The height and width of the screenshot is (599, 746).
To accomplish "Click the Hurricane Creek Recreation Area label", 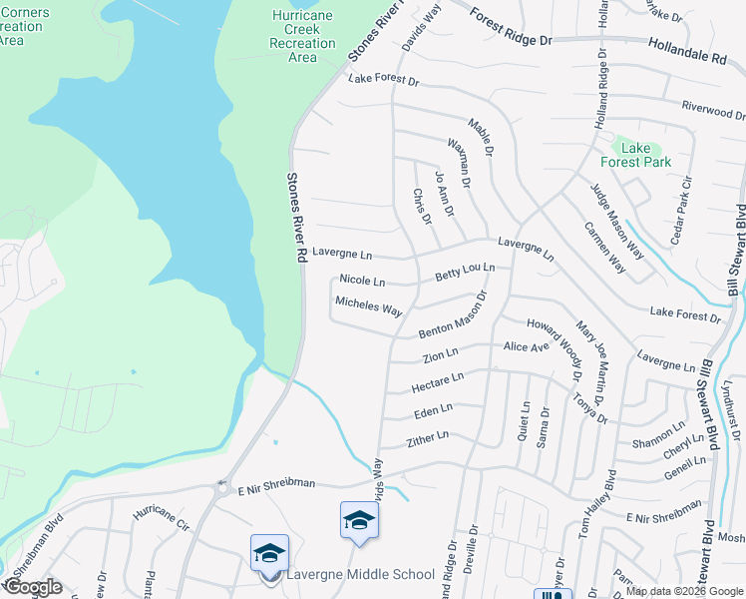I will (302, 36).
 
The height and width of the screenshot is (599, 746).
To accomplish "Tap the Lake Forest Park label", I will (635, 155).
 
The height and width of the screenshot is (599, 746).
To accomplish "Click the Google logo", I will (33, 587).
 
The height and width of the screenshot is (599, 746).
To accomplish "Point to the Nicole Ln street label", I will (362, 281).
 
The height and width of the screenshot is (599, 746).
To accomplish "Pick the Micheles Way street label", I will (368, 306).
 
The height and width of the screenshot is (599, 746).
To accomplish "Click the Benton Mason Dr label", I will (452, 316).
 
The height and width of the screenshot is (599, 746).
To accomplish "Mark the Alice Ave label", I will (527, 346).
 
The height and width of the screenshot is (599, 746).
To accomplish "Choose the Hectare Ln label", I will (438, 381).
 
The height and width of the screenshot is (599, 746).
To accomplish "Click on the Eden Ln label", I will (433, 409).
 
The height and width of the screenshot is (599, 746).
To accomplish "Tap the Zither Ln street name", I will (428, 437).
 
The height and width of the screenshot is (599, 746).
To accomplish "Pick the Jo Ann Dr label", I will (445, 194).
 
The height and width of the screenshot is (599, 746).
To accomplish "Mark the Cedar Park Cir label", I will (682, 199).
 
